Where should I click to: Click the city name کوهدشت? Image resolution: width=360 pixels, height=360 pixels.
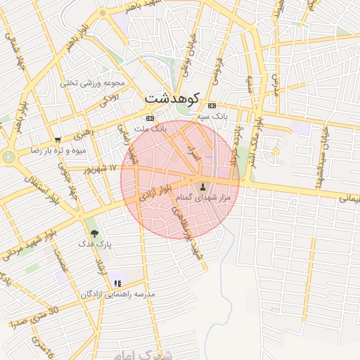(x=171, y=98)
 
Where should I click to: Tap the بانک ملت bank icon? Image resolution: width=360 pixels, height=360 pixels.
(x=149, y=117)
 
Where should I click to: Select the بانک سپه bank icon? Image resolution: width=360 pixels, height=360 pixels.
(x=212, y=105)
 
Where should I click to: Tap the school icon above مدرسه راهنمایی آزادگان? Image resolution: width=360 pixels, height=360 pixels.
(x=117, y=283)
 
